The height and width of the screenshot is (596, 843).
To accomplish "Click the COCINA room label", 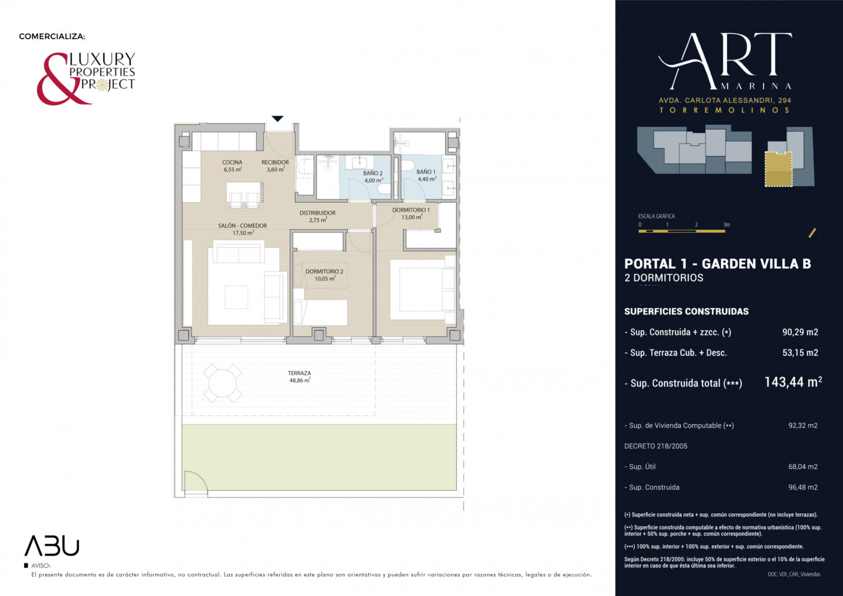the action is point(232,162).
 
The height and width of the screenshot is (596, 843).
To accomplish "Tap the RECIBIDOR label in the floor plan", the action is point(275,162).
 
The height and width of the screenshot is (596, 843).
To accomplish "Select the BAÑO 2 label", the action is point(373,173).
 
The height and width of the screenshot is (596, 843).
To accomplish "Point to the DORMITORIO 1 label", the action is point(411,210).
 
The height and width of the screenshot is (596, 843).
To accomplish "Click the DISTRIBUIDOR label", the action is point(317,213).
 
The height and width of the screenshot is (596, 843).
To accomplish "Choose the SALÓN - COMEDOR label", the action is point(242,226).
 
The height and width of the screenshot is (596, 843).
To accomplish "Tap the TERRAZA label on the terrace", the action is point(299,373).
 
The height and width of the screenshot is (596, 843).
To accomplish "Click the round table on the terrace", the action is point(222,383).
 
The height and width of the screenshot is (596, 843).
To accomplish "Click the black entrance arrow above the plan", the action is point(277,119).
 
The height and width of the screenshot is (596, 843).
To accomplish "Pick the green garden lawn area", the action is point(319,457).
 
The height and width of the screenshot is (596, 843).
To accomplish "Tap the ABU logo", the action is point(52,545).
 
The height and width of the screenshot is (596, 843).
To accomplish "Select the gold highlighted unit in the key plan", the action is point(779,169).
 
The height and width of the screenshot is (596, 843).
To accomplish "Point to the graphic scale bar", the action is point(682,231).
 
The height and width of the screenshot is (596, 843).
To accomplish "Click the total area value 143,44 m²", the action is point(793,382).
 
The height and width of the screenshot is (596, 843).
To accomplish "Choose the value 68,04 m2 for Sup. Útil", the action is point(803,466).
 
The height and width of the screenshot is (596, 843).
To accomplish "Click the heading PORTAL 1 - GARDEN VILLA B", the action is point(718,263).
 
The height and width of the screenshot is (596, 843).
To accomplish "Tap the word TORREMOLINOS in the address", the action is point(725,110).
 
